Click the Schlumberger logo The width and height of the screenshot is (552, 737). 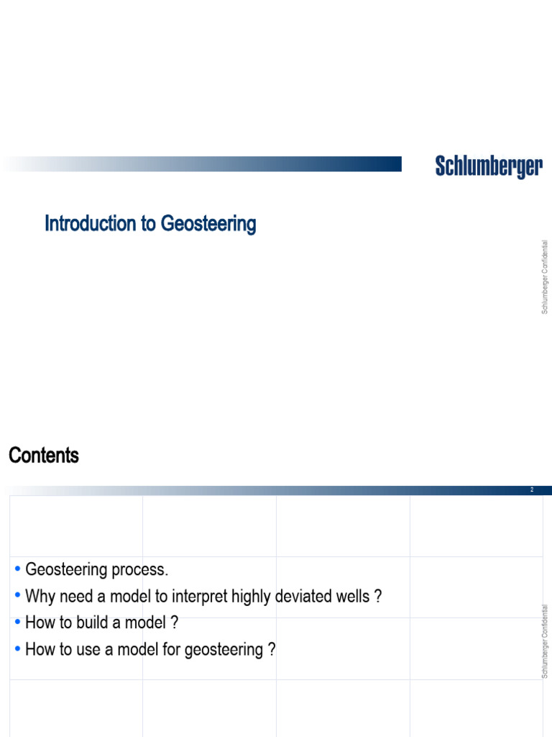click(489, 167)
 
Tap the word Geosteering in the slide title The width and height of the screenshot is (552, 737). click(208, 225)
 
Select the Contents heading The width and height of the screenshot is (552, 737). click(44, 456)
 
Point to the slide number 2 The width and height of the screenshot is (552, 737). click(532, 490)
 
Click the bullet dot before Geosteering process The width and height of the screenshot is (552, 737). click(17, 570)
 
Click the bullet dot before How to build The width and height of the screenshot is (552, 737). click(17, 623)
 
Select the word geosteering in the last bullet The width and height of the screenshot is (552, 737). click(224, 650)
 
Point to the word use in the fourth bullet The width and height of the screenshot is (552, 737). click(92, 650)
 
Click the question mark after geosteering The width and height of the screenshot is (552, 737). click(272, 649)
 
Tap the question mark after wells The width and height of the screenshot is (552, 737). click(377, 596)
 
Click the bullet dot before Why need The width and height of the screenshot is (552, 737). click(17, 596)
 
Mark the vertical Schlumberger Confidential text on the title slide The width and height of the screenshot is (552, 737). click(545, 277)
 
